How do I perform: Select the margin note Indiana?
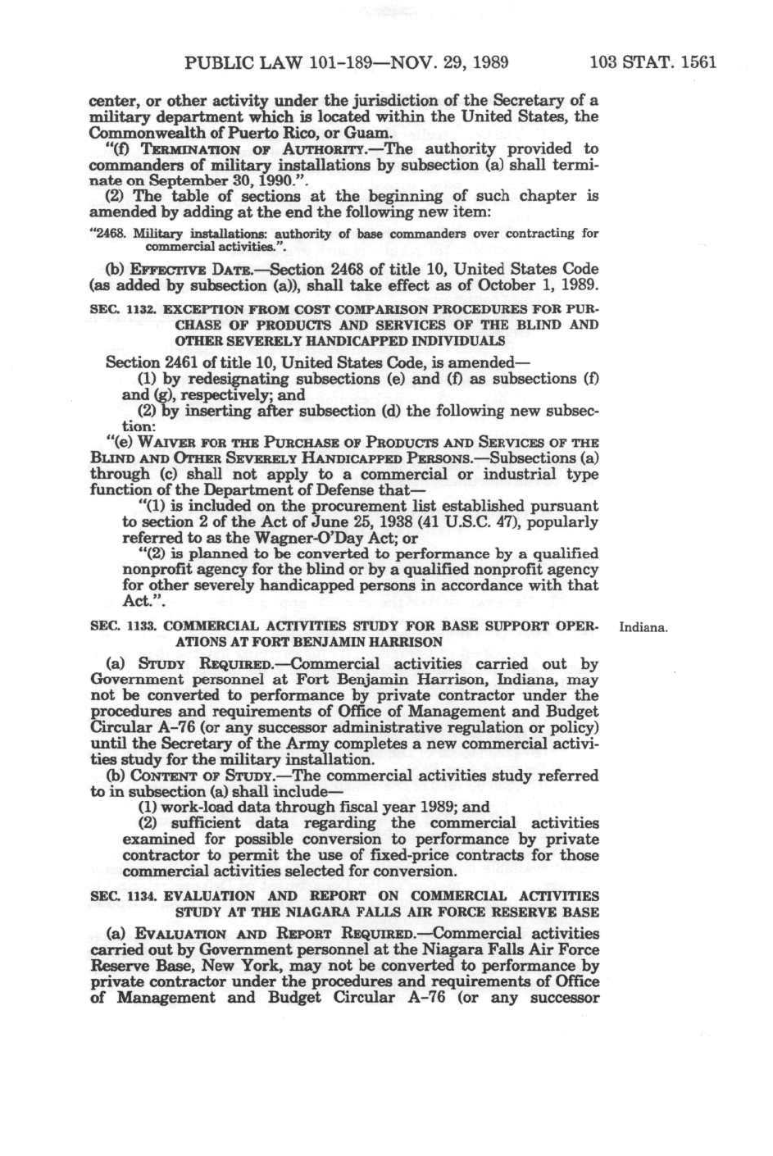tap(644, 628)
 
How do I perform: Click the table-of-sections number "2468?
tap(105, 234)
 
